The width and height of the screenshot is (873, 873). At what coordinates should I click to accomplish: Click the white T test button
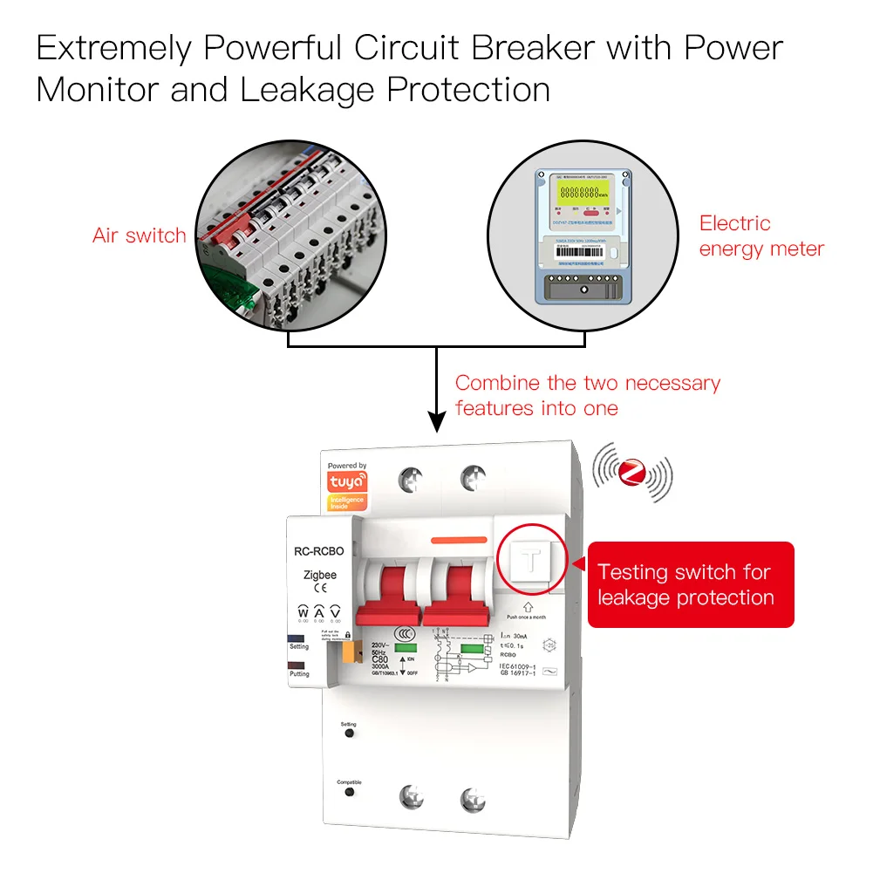click(x=531, y=561)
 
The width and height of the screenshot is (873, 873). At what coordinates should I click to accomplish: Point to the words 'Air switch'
click(x=139, y=235)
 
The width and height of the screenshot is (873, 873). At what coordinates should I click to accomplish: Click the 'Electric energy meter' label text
click(x=760, y=236)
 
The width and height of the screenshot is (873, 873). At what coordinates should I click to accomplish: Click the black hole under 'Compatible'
click(x=349, y=791)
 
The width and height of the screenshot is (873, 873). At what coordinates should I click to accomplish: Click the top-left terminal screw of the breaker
click(x=410, y=479)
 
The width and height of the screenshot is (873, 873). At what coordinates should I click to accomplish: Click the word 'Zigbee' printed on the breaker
click(x=319, y=575)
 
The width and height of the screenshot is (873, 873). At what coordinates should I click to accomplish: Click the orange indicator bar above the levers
click(x=459, y=542)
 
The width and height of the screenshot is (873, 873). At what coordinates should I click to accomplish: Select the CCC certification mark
click(x=404, y=633)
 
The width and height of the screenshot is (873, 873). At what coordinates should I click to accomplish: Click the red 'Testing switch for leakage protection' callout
click(x=690, y=584)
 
